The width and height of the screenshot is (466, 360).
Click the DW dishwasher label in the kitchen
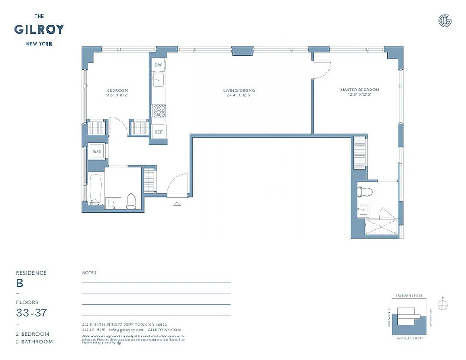click(x=158, y=65)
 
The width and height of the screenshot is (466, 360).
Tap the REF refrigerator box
click(x=158, y=132)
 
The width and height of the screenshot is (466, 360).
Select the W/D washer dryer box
click(x=97, y=152)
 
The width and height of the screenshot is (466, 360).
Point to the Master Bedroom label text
click(x=359, y=90)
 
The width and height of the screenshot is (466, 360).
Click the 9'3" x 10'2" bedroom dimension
click(x=117, y=95)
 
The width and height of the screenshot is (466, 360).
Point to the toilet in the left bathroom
click(x=131, y=202)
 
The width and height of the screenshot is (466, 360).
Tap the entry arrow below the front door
click(x=177, y=204)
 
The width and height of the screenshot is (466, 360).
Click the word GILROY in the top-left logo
click(x=39, y=30)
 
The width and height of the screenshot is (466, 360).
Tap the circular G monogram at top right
click(x=444, y=20)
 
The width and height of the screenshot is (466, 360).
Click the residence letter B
click(x=20, y=283)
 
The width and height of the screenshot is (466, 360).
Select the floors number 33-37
click(x=31, y=313)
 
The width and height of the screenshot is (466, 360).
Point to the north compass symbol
click(x=443, y=305)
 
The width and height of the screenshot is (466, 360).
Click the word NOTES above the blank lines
click(x=89, y=273)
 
